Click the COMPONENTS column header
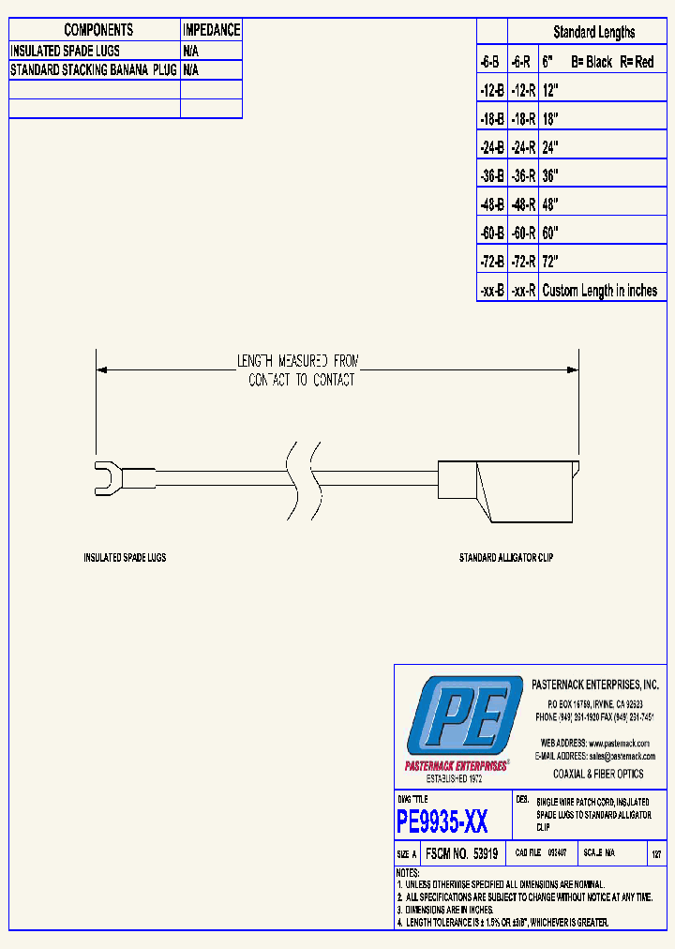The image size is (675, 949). point(98,30)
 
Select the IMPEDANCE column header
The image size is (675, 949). point(211,30)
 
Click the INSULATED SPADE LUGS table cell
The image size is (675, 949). point(66,51)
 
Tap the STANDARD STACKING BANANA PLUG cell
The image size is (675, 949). point(94,69)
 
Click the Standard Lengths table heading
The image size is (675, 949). point(593,32)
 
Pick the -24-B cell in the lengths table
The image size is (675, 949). point(491,147)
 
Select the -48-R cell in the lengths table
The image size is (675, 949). point(523,204)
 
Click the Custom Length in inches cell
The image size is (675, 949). point(600,291)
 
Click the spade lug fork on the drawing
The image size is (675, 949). point(105,475)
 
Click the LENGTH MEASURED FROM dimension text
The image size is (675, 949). point(297,360)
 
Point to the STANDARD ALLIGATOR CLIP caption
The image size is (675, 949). point(506,558)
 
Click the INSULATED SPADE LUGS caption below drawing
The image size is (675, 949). point(125,558)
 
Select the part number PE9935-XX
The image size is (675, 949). point(442,822)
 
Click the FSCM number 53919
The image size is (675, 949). point(461,854)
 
